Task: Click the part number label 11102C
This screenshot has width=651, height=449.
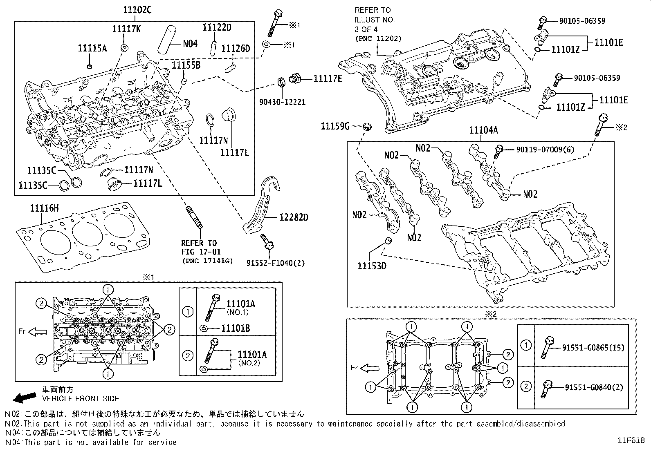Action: (x=137, y=10)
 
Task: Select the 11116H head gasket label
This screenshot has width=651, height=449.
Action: (x=44, y=209)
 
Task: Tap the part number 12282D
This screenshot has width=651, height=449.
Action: (x=294, y=217)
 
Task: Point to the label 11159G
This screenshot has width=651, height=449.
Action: (x=334, y=126)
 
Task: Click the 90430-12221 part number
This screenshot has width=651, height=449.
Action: (x=282, y=102)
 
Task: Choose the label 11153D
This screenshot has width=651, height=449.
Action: (x=372, y=266)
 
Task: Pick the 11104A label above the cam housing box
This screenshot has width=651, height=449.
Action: (x=483, y=130)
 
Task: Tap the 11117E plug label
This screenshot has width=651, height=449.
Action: (x=328, y=78)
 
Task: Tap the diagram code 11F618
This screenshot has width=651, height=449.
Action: (x=631, y=440)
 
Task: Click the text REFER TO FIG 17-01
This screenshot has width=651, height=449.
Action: (x=199, y=247)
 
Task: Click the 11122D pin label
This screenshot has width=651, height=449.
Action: (x=217, y=27)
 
